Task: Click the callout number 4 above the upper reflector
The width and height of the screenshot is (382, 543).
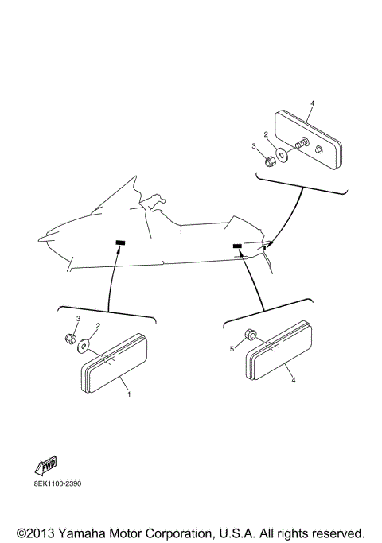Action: pyautogui.click(x=313, y=104)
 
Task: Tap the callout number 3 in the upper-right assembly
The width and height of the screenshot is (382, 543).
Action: pyautogui.click(x=254, y=146)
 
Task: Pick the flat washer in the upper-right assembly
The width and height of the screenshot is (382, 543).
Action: pyautogui.click(x=283, y=154)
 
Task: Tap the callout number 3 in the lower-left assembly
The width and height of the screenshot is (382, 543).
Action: pyautogui.click(x=78, y=318)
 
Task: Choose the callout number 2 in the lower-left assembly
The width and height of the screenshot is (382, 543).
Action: pyautogui.click(x=98, y=325)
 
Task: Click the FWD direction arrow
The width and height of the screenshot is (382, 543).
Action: pyautogui.click(x=45, y=467)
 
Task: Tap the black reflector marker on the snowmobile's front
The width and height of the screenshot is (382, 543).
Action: pyautogui.click(x=121, y=242)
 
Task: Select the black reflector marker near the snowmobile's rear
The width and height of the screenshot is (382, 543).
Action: pyautogui.click(x=237, y=246)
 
